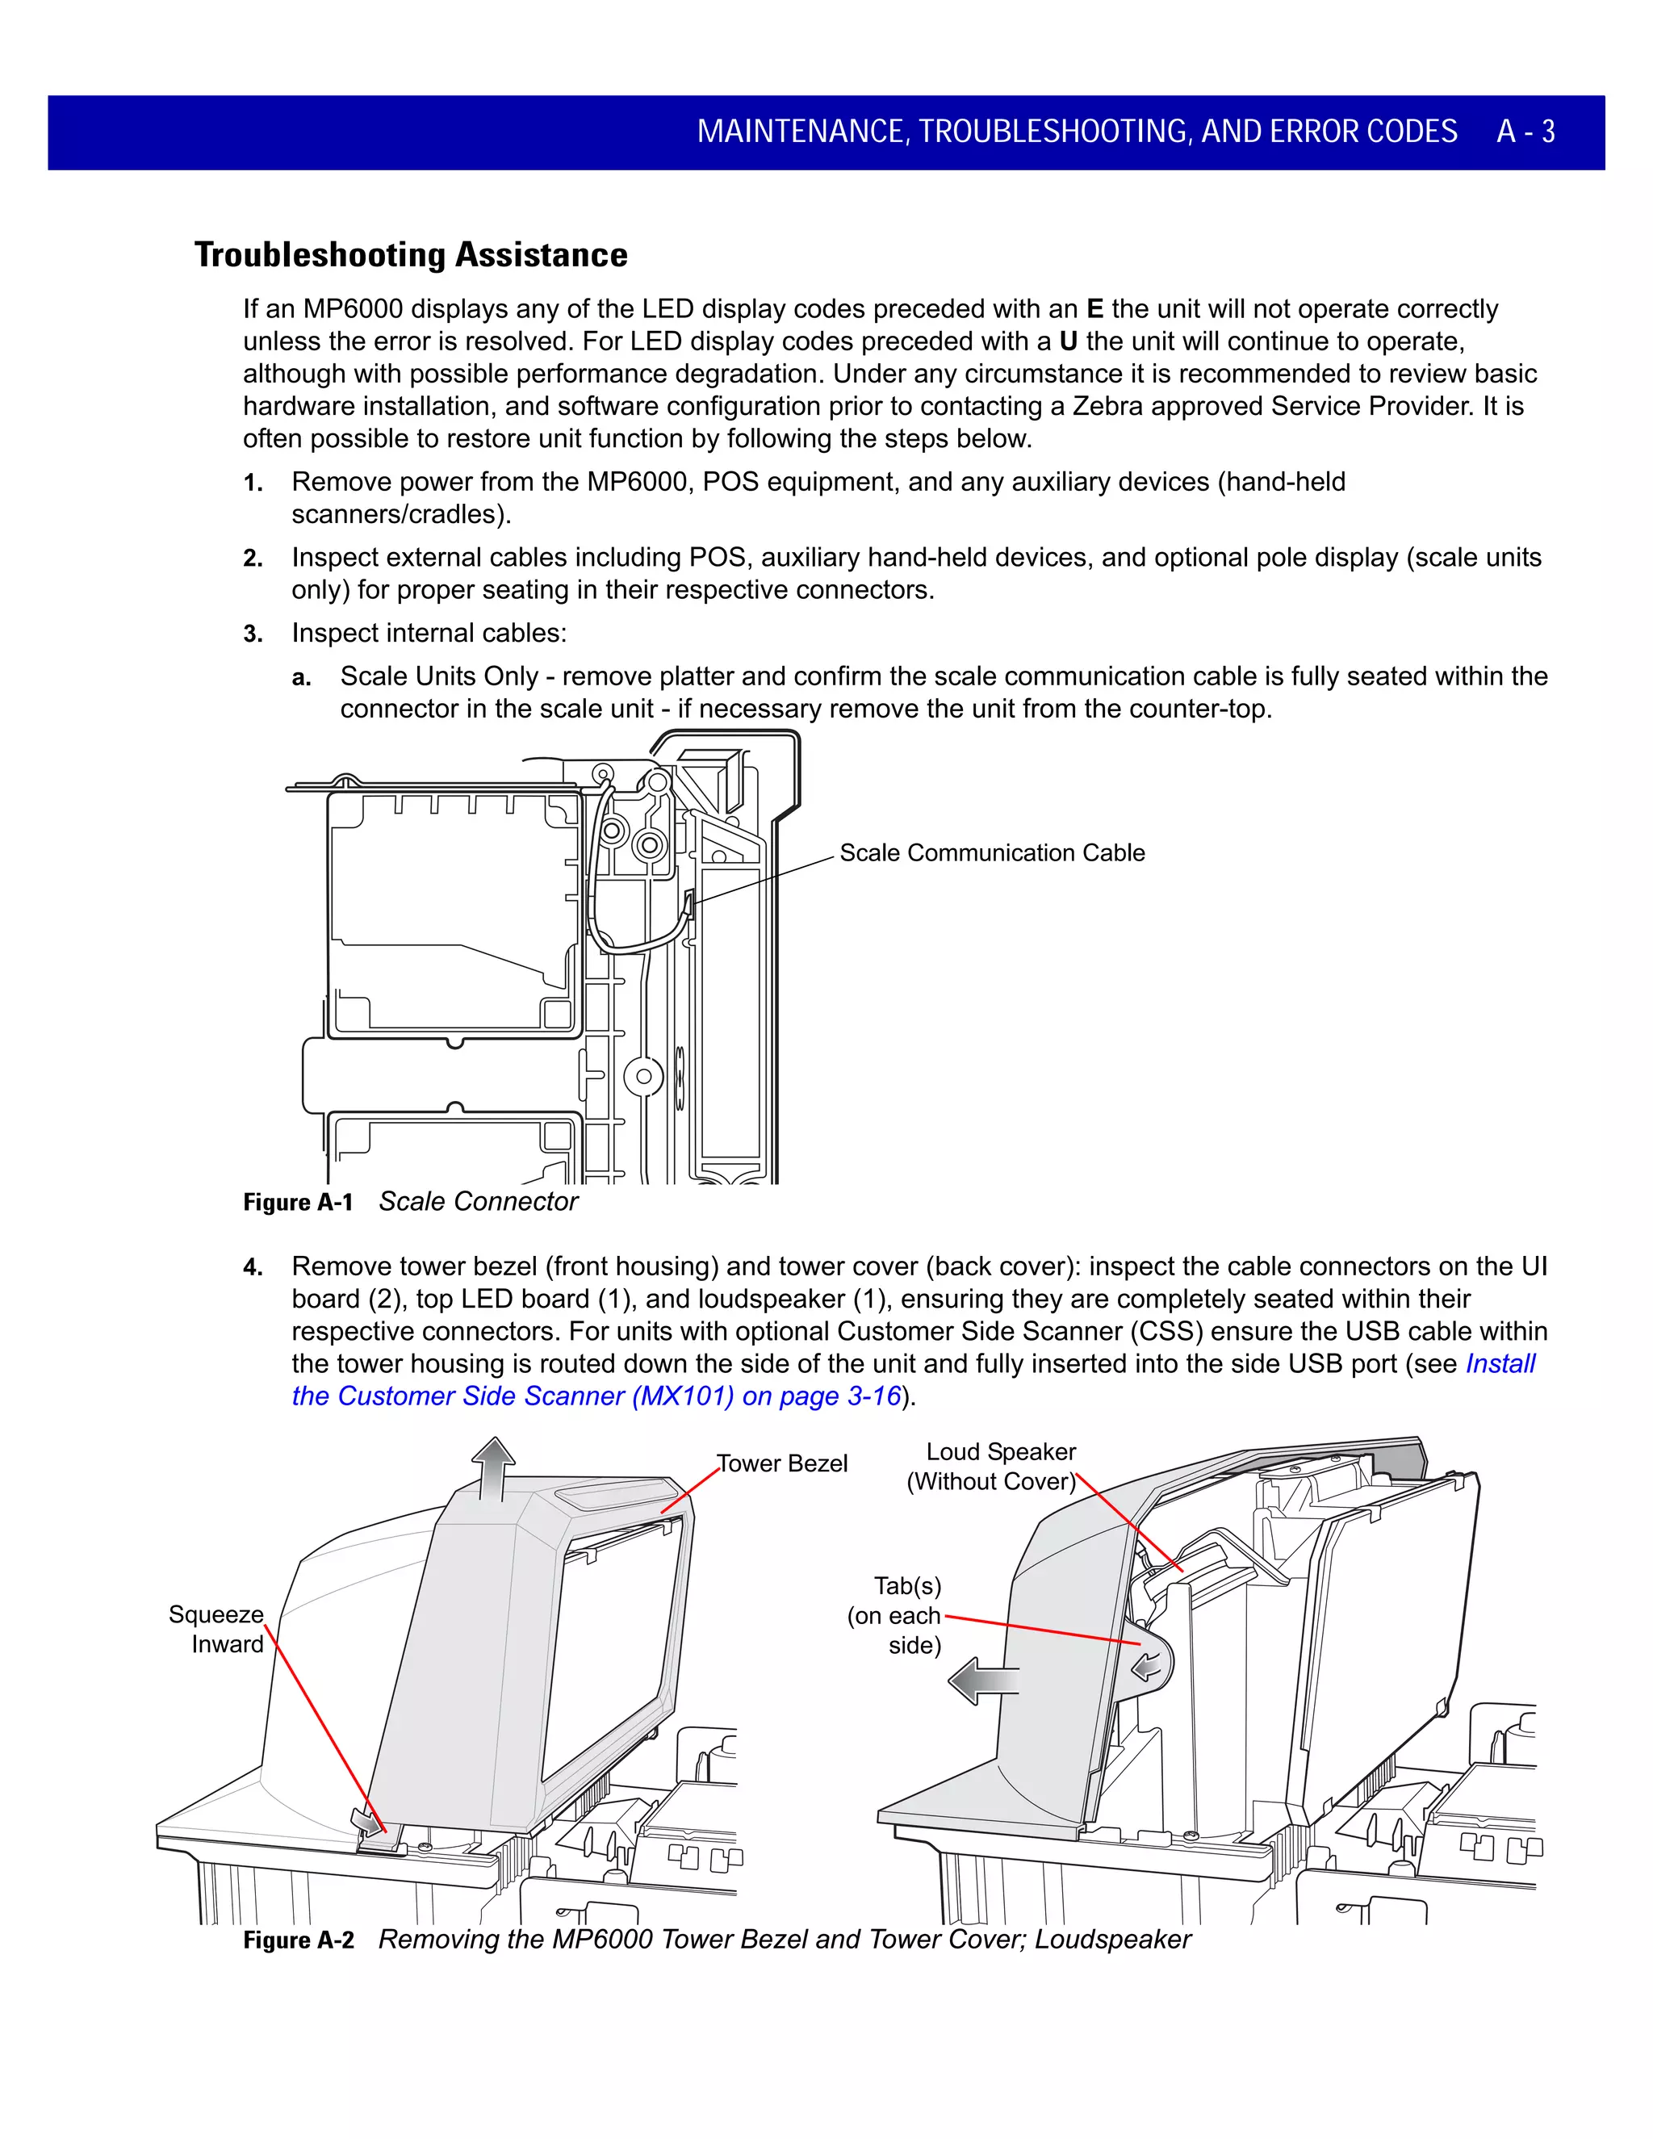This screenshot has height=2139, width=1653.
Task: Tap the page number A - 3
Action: pos(1525,132)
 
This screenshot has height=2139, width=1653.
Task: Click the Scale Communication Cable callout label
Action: pos(991,853)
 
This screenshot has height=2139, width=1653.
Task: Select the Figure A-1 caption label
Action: pos(298,1203)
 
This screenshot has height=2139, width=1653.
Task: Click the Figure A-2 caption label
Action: pos(298,1940)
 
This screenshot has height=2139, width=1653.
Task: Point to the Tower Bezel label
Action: pos(781,1463)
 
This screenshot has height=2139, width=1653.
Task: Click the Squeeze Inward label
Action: pos(216,1629)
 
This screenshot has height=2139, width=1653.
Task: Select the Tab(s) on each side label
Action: pos(896,1615)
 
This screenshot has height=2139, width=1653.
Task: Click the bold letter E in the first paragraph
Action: pos(1094,309)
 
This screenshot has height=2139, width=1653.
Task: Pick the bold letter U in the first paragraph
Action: pos(1069,341)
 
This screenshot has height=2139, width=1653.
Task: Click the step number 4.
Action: pos(253,1267)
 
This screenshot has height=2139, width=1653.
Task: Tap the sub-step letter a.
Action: pos(302,678)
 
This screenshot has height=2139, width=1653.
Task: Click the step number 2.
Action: pos(253,559)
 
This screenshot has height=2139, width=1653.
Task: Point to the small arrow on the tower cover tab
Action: pos(1147,1664)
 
